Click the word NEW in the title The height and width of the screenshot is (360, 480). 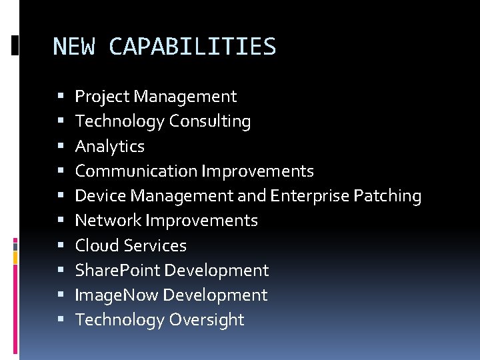pyautogui.click(x=73, y=47)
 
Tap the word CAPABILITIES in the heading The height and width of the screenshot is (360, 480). pyautogui.click(x=192, y=47)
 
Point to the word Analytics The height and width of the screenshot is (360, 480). pyautogui.click(x=109, y=146)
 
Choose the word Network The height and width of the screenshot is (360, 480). pyautogui.click(x=108, y=220)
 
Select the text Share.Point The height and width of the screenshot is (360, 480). pyautogui.click(x=117, y=270)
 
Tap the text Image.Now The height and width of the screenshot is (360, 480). pyautogui.click(x=117, y=295)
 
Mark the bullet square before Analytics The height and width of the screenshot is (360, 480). pyautogui.click(x=61, y=147)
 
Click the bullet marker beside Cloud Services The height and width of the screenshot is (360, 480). pyautogui.click(x=61, y=246)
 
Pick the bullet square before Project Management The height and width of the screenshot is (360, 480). pyautogui.click(x=61, y=97)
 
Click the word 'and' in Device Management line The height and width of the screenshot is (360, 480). pyautogui.click(x=252, y=195)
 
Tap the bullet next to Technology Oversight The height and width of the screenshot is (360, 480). pyautogui.click(x=61, y=320)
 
